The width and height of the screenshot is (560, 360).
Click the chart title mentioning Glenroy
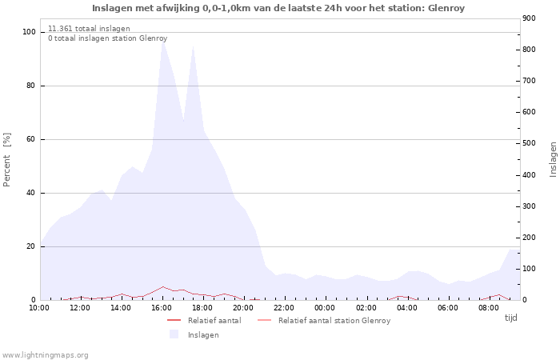(278, 8)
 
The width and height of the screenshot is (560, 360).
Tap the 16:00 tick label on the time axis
(162, 307)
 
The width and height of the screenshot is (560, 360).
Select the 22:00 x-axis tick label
(284, 307)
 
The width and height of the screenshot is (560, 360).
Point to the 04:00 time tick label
(407, 307)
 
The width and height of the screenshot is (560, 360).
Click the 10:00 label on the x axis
(39, 307)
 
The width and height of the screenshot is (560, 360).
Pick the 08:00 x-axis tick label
(489, 307)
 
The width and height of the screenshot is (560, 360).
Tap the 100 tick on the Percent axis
(29, 32)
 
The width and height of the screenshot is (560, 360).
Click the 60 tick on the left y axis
(31, 139)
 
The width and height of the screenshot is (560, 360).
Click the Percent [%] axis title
(7, 160)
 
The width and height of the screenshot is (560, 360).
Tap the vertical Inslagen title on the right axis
(553, 159)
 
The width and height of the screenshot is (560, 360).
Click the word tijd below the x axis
(510, 318)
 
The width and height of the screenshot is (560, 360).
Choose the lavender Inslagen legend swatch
(174, 334)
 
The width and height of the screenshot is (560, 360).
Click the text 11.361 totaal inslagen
(89, 29)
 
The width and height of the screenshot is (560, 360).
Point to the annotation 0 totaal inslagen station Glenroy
(107, 38)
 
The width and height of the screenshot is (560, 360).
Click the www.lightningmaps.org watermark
(46, 355)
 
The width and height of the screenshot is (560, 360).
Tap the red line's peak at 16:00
(163, 286)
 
